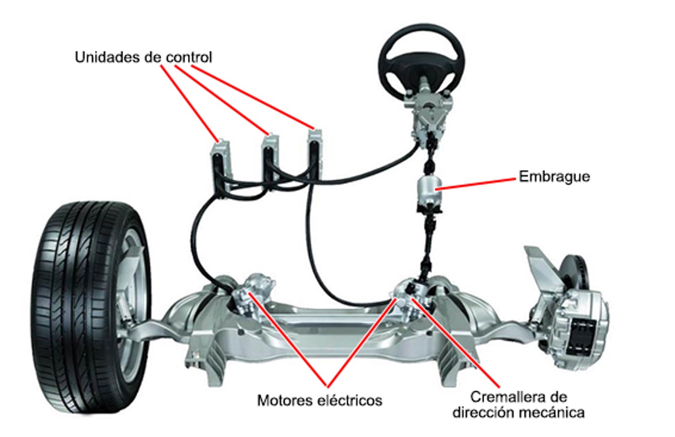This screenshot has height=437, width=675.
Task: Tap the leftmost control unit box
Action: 222,164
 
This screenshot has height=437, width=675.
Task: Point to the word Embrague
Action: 554,176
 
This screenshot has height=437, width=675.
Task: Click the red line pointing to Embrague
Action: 476,184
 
